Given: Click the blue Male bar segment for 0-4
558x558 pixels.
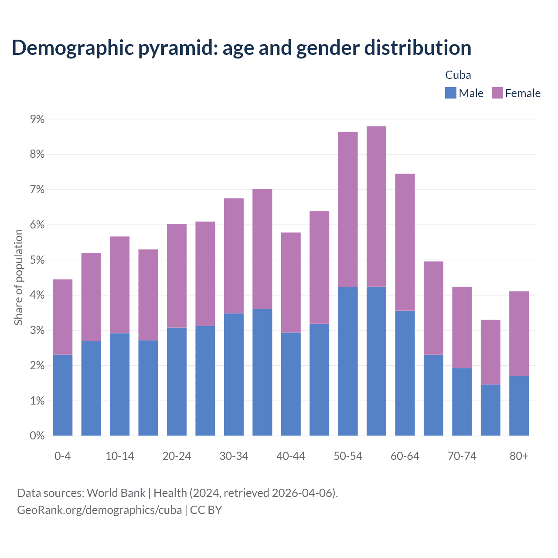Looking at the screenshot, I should [x=63, y=395].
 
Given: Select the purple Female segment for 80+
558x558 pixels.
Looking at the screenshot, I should [x=519, y=333].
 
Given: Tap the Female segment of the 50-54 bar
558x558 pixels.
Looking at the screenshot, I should [x=348, y=209].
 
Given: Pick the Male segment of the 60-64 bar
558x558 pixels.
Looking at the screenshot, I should [x=405, y=373].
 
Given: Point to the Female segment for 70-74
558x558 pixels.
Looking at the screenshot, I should [x=462, y=327].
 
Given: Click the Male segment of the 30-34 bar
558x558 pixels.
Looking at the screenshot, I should [x=234, y=374].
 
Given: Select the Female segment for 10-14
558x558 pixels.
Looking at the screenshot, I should [x=120, y=285].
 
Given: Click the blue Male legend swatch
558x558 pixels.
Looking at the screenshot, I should [x=451, y=93].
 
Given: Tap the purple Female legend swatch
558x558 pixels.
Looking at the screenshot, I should [x=497, y=93].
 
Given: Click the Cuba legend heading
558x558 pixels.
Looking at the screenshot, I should [x=458, y=75].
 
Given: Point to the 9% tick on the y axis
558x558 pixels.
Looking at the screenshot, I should [x=37, y=119].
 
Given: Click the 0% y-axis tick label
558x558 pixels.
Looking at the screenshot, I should [x=37, y=436].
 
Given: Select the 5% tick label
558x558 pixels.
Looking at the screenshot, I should [x=37, y=260].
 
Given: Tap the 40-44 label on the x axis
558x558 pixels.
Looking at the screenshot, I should [x=291, y=456].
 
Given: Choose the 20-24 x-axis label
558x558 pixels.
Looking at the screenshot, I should [x=177, y=456].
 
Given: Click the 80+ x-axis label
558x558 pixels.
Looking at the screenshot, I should [x=519, y=456].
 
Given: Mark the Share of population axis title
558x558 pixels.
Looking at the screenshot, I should [x=18, y=277].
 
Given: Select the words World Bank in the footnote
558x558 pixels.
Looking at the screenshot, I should [x=116, y=493].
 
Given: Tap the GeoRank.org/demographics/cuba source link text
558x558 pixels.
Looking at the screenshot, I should [x=99, y=510].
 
